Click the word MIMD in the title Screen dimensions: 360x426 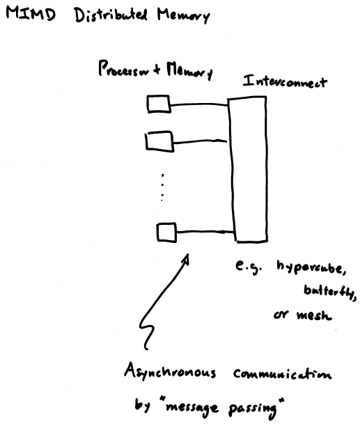pyautogui.click(x=31, y=14)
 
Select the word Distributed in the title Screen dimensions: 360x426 pyautogui.click(x=111, y=15)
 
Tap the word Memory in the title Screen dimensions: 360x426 pyautogui.click(x=184, y=15)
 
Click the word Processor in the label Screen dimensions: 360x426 pyautogui.click(x=124, y=69)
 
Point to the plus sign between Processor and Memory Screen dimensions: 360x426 pyautogui.click(x=157, y=70)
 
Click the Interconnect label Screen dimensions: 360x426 pyautogui.click(x=285, y=81)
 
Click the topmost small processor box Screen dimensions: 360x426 pyautogui.click(x=159, y=104)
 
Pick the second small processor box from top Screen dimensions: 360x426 pyautogui.click(x=159, y=141)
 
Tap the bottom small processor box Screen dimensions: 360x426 pyautogui.click(x=166, y=232)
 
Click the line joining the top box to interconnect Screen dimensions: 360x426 pyautogui.click(x=199, y=104)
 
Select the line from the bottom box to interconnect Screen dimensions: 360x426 pyautogui.click(x=205, y=232)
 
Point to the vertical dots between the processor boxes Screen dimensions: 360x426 pyautogui.click(x=162, y=188)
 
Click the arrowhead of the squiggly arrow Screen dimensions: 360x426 pyautogui.click(x=186, y=258)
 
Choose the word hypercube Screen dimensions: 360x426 pyautogui.click(x=311, y=268)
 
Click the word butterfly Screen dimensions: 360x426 pyautogui.click(x=330, y=292)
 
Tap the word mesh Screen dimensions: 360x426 pyautogui.click(x=314, y=315)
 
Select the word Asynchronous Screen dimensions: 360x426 pyautogui.click(x=170, y=372)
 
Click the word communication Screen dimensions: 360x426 pyautogui.click(x=283, y=374)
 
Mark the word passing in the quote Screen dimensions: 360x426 pyautogui.click(x=253, y=409)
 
